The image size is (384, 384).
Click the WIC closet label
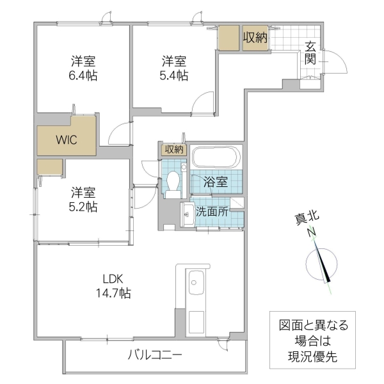click(x=66, y=140)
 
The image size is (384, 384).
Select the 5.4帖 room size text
click(x=174, y=75)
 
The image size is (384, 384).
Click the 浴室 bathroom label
click(x=216, y=181)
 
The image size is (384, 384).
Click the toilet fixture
click(x=172, y=182)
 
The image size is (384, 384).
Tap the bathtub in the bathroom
click(x=216, y=157)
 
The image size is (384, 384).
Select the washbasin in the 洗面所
click(x=188, y=214)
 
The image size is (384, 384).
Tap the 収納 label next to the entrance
click(x=254, y=37)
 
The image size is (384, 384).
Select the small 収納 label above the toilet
click(x=173, y=150)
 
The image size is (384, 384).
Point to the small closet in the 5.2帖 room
click(x=49, y=168)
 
